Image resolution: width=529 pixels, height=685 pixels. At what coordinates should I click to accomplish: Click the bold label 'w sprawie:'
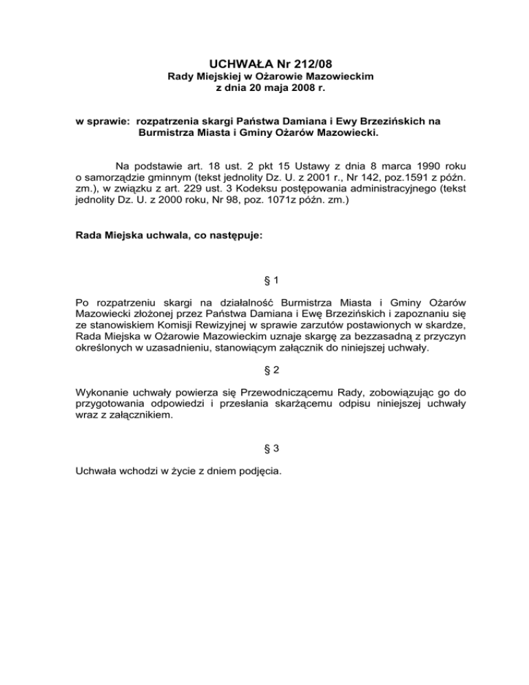(103, 121)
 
